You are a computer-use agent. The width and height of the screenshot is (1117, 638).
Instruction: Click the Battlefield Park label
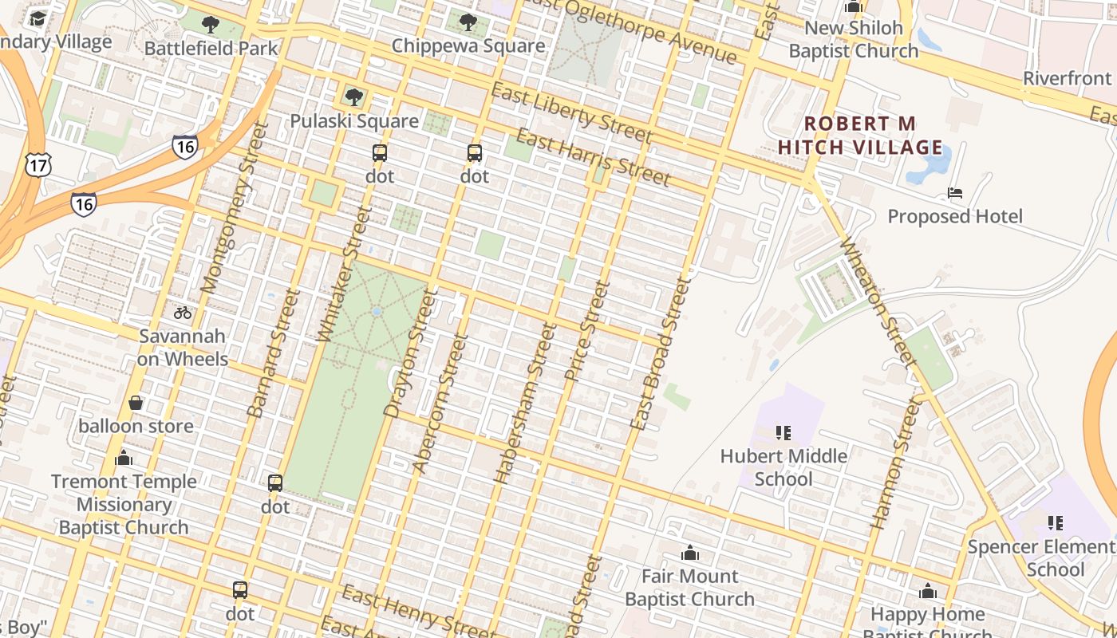pos(211,48)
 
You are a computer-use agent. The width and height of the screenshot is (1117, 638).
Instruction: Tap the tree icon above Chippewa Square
pos(468,22)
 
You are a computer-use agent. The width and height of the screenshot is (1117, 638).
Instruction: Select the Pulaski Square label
pos(354,121)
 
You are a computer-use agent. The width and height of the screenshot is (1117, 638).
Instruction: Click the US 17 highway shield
pos(38,164)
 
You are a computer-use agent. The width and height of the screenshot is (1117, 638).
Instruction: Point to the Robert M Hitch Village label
pos(860,136)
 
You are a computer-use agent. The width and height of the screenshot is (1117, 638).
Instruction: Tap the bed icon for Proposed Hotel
pos(954,193)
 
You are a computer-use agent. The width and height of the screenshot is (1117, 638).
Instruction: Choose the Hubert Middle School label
pos(783,467)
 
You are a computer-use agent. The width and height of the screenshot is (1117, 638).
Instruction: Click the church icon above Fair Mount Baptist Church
pos(690,553)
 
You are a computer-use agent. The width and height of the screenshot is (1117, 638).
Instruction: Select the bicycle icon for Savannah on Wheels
pos(183,312)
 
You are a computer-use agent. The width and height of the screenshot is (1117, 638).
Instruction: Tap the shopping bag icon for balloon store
pos(136,403)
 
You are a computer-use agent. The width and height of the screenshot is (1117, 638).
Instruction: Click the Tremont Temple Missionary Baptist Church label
pos(124,504)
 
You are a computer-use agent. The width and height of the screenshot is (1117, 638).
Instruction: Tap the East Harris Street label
pos(593,157)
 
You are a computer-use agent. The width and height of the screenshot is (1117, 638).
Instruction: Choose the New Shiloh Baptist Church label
pos(854,40)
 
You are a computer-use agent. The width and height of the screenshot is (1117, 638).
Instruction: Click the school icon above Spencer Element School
pos(1056,523)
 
